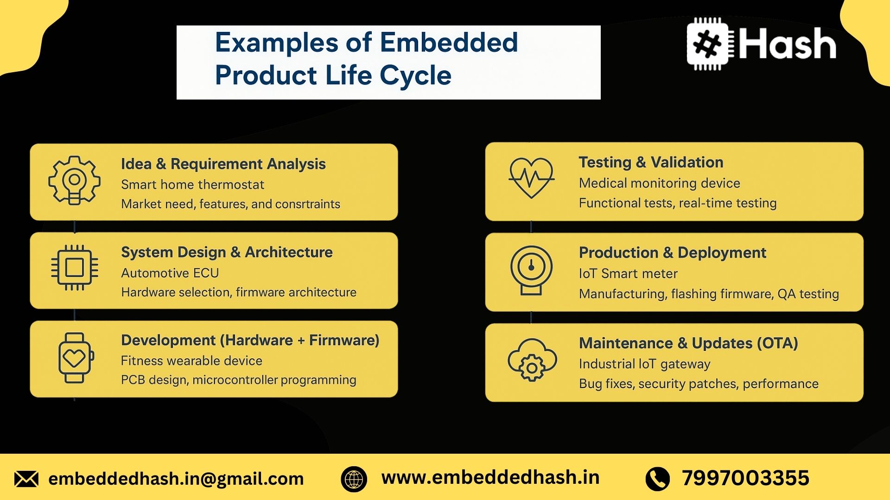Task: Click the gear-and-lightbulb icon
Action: point(74,181)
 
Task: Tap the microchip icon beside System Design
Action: point(74,268)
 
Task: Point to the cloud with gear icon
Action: point(532,360)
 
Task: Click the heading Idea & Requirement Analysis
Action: point(223,164)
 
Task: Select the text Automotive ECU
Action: point(170,273)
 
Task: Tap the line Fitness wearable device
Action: point(191,361)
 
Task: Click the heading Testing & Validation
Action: point(651,162)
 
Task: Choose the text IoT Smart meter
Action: point(628,274)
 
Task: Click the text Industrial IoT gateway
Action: point(644,364)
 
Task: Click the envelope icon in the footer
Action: point(26,479)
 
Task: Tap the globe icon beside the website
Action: point(354,479)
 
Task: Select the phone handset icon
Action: point(657,479)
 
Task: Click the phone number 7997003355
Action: point(745,478)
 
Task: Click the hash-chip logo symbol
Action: point(710,44)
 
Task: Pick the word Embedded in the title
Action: point(449,42)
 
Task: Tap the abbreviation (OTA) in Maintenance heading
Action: point(777,343)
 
